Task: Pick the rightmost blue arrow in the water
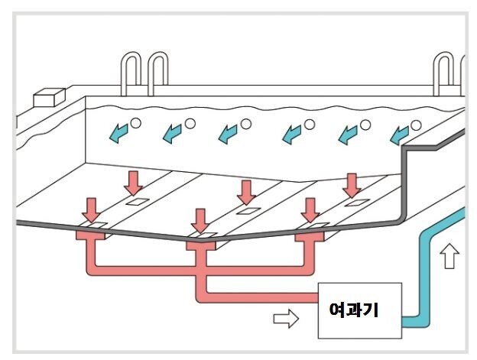point(397,135)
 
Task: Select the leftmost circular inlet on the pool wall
point(135,123)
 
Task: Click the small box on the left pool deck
point(48,97)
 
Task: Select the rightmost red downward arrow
point(352,183)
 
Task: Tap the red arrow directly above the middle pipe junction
point(201,219)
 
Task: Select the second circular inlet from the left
point(190,123)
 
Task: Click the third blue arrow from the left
point(228,134)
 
